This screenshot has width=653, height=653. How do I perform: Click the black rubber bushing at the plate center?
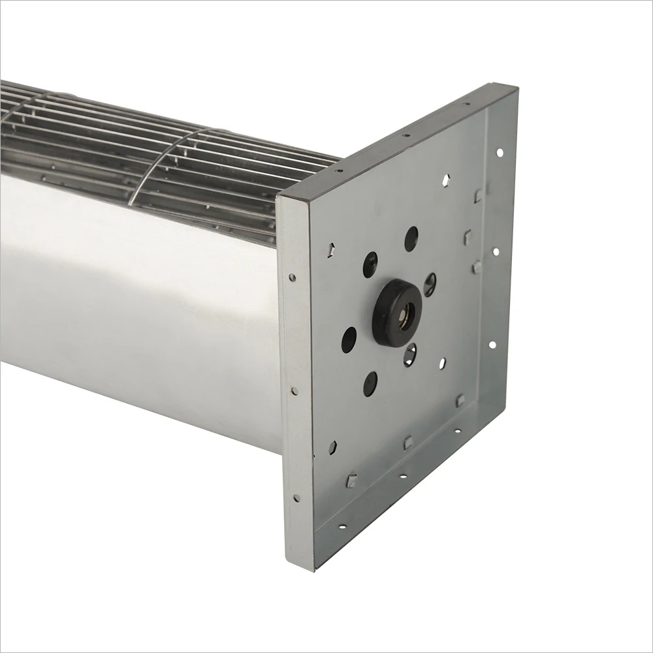tap(397, 311)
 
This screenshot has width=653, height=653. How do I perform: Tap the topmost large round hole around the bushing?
tap(411, 238)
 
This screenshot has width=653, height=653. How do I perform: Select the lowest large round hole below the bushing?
tap(370, 383)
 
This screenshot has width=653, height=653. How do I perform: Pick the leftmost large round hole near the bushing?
tap(349, 340)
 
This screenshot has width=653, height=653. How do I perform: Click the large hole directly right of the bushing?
tap(430, 284)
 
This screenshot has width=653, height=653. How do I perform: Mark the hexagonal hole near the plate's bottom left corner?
tap(332, 447)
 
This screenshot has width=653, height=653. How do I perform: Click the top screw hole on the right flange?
tap(500, 153)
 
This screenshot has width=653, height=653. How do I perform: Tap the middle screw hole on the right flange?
tap(496, 251)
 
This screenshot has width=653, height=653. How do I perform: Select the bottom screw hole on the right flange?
tap(492, 345)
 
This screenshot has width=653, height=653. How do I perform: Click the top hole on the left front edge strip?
tap(292, 278)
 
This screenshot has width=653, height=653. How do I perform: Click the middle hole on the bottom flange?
tap(403, 476)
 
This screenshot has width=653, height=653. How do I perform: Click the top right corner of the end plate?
tap(516, 86)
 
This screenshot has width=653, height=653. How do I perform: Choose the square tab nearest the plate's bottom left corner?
tap(351, 481)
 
